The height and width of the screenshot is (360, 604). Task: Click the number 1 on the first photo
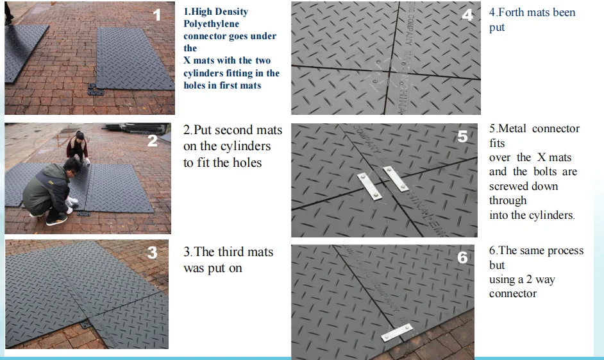[157, 15]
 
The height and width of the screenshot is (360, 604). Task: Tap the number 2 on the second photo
[153, 141]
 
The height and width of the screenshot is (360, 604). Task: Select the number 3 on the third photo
[152, 253]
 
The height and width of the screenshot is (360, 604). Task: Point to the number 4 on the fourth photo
[467, 15]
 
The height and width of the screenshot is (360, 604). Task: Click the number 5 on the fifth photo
[463, 136]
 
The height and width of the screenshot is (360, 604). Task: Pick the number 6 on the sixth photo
[463, 257]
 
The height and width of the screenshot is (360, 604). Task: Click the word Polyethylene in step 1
[211, 24]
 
